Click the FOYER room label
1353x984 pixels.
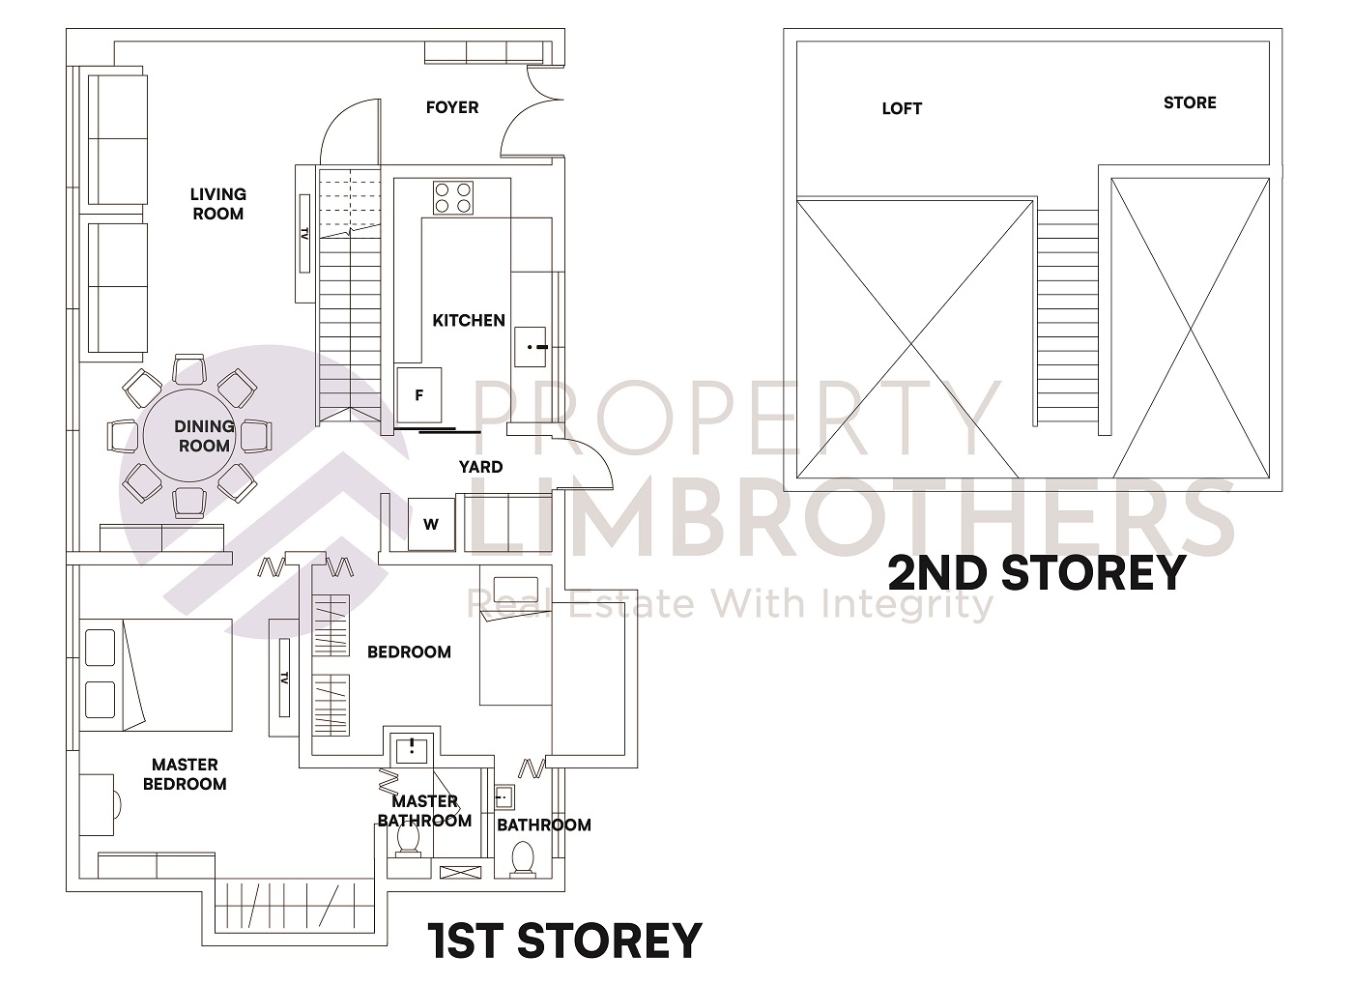tap(451, 107)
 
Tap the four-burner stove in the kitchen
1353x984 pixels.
tap(453, 197)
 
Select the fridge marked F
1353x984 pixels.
tap(419, 395)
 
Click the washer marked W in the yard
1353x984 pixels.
tap(431, 525)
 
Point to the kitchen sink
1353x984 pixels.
tap(531, 346)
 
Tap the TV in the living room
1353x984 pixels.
tap(303, 234)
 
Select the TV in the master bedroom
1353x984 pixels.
tap(284, 677)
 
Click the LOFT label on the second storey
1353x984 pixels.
tap(901, 108)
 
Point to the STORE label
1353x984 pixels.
tap(1189, 102)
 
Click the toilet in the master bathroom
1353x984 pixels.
tap(408, 841)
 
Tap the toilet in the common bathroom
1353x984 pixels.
tap(522, 858)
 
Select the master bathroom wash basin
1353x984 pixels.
tap(413, 748)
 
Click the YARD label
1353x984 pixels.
tap(480, 467)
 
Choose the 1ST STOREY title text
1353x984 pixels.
tap(564, 941)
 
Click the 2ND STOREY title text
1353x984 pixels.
tap(1036, 572)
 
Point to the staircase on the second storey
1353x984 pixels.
tap(1068, 319)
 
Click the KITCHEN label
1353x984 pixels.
tap(468, 320)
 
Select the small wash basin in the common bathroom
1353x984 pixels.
tap(503, 797)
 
